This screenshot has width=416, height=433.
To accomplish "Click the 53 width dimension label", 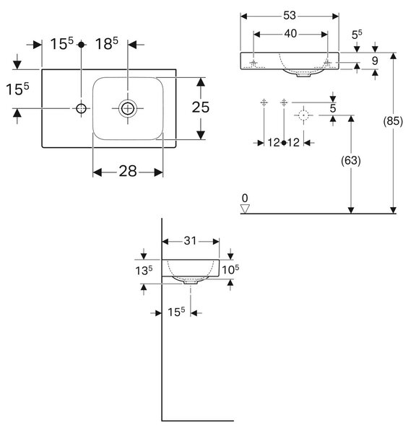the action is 290,16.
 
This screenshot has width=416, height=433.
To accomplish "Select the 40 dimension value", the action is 290,34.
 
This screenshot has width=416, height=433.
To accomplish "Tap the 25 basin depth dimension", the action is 201,108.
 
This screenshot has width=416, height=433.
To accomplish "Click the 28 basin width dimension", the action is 128,171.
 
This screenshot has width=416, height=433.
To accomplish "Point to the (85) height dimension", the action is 393,121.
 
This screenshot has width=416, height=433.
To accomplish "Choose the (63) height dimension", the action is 351,160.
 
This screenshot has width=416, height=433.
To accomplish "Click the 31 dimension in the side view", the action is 190,241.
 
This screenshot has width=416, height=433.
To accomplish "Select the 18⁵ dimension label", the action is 107,43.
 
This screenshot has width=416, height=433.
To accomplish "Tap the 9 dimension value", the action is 375,61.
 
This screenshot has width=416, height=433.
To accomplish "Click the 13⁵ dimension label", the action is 144,271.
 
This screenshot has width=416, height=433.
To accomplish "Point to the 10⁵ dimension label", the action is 230,269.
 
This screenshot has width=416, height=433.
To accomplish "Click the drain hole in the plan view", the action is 128,108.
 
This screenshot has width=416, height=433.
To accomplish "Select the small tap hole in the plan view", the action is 82,108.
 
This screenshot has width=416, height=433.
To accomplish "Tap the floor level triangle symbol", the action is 245,209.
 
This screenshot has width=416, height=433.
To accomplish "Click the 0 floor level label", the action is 245,198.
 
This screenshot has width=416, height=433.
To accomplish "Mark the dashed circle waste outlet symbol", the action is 303,115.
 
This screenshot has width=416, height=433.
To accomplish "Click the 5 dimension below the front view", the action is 333,108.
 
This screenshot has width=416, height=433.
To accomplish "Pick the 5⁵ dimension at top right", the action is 357,35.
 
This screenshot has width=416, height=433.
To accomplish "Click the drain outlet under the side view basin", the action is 190,282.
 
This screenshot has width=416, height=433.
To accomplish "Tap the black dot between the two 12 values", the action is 284,143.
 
